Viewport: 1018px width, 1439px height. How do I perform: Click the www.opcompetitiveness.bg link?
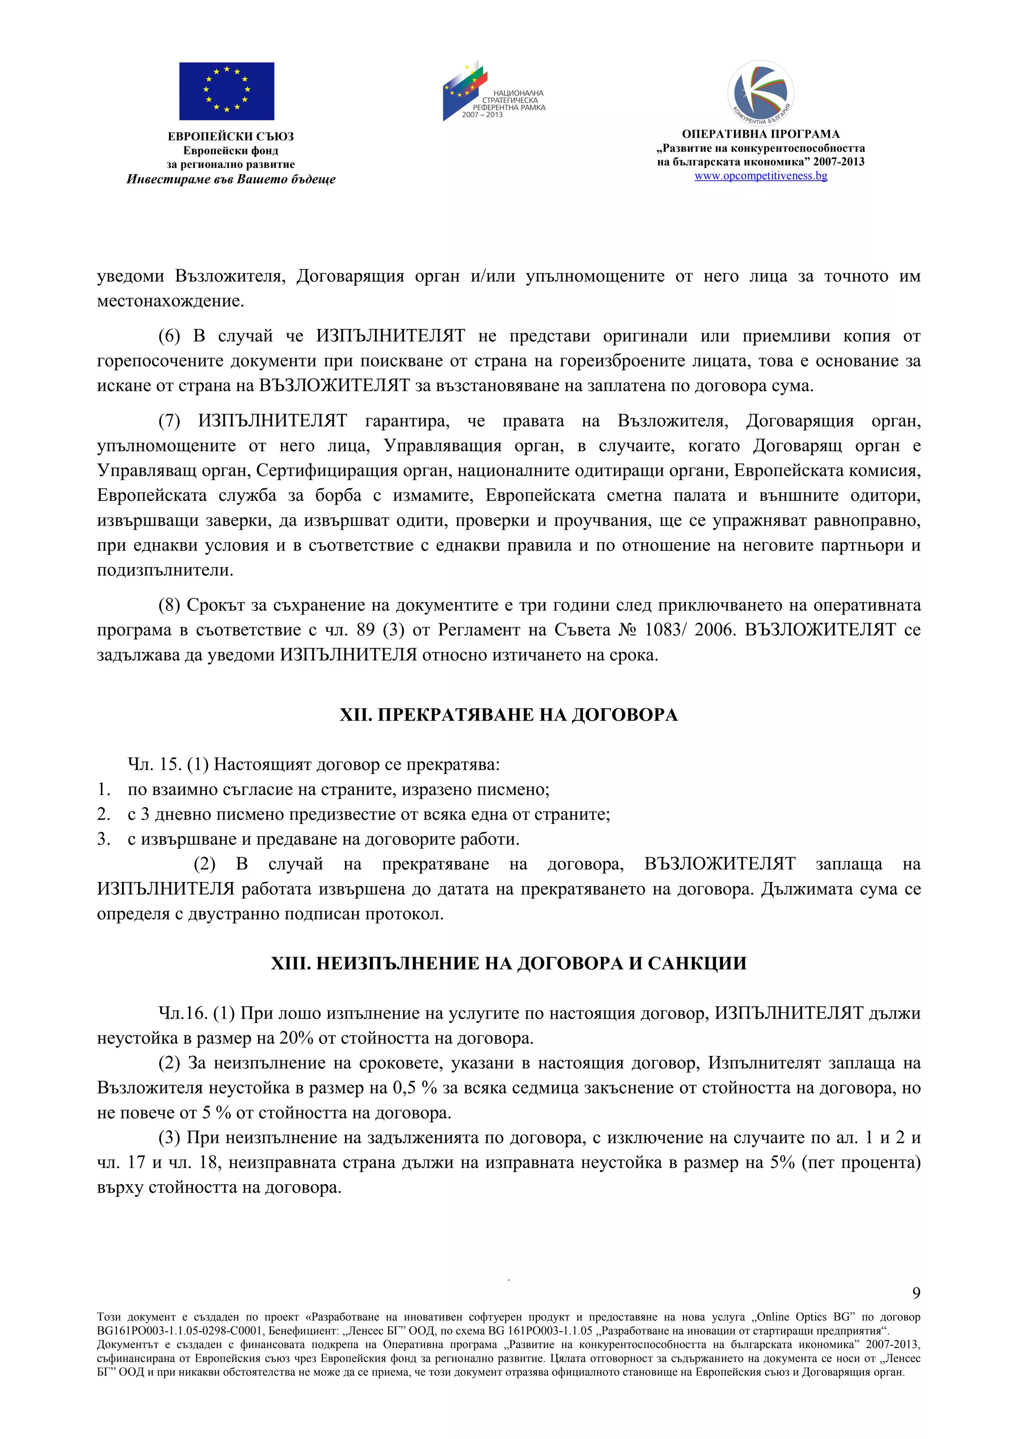click(x=761, y=176)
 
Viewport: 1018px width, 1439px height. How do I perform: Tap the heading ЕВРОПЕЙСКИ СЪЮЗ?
click(x=231, y=137)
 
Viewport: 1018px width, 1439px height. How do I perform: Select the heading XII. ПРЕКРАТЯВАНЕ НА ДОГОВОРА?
click(x=509, y=715)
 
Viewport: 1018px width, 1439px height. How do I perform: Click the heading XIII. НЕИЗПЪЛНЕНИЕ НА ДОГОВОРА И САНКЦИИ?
click(x=509, y=963)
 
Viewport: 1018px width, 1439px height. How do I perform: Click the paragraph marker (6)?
click(x=169, y=336)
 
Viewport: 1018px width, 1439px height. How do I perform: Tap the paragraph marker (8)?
click(x=169, y=605)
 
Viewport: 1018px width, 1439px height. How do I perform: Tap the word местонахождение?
click(x=170, y=301)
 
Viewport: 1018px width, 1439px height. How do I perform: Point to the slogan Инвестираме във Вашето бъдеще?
click(x=231, y=180)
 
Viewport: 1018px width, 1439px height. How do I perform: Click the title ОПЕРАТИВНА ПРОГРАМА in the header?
click(x=761, y=134)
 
